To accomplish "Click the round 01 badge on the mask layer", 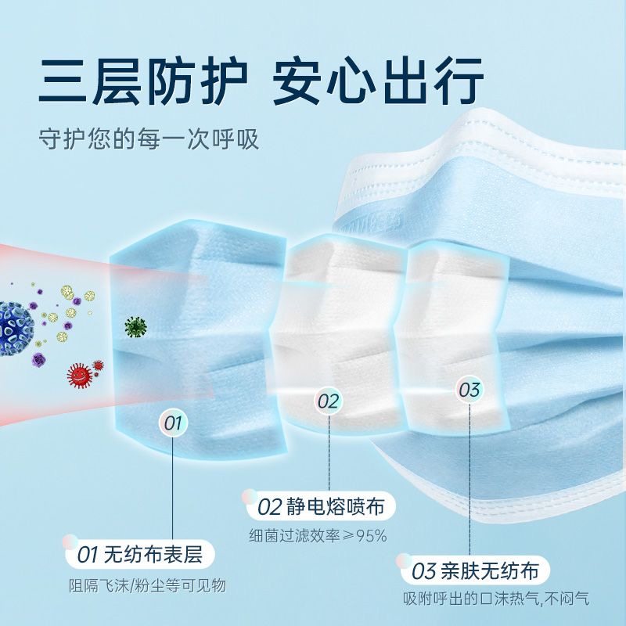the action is (x=173, y=424).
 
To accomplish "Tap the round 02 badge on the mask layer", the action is (x=329, y=401).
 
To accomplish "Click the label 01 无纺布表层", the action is (x=139, y=556).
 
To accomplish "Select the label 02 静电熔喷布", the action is (x=321, y=506).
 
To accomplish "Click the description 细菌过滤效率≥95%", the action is (x=318, y=536).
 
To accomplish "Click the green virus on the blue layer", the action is (x=135, y=326).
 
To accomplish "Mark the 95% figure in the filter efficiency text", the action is (x=371, y=536).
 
